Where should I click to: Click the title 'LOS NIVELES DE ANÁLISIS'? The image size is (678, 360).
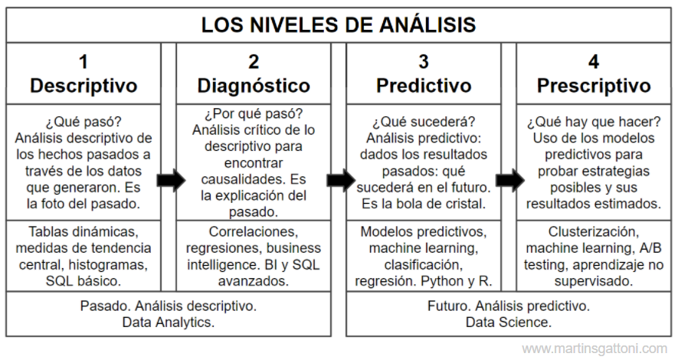[x=339, y=25]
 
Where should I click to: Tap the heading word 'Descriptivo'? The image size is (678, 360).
[x=84, y=86]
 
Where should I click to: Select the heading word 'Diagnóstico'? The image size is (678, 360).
[x=254, y=86]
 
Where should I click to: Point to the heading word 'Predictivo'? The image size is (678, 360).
[x=424, y=86]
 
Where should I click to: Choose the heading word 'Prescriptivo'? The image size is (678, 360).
[x=594, y=86]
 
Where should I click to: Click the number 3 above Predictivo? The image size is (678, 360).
[x=424, y=62]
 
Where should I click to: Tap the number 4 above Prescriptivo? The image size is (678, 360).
[x=594, y=62]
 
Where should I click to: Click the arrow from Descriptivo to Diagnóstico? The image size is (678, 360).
[x=172, y=180]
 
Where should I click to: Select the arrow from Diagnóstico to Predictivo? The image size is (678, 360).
[x=341, y=180]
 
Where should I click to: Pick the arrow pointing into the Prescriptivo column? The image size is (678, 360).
[x=510, y=180]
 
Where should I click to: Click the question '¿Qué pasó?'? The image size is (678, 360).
[x=84, y=122]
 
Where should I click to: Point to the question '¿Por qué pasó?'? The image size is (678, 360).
[x=254, y=113]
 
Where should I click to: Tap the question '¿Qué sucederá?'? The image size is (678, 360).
[x=424, y=122]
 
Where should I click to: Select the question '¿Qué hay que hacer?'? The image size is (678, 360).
[x=594, y=122]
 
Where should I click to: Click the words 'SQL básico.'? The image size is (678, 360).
[x=84, y=281]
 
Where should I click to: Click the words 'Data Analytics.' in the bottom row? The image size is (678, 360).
[x=169, y=322]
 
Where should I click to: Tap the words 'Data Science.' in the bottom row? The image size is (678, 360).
[x=509, y=322]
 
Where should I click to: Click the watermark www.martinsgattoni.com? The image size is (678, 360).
[x=594, y=349]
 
